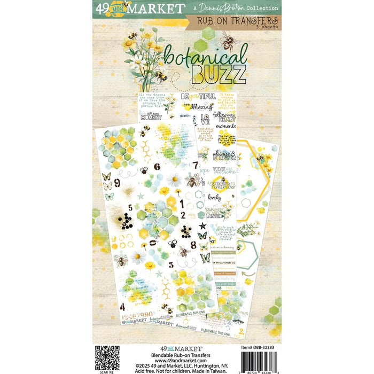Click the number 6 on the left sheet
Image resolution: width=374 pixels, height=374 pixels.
coord(157,166)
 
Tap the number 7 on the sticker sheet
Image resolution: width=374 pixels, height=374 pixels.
coord(196,166)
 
